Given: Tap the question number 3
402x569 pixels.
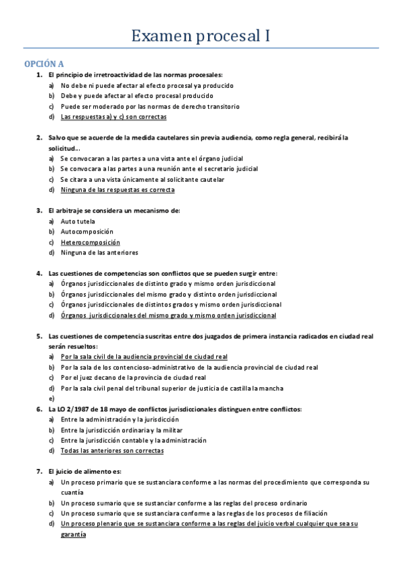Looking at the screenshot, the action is coord(40,211).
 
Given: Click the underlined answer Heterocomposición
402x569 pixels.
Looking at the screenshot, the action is coord(90,242).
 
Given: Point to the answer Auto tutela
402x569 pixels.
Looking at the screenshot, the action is coord(78,221).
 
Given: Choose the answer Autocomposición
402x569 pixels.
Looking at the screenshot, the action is coord(87,231).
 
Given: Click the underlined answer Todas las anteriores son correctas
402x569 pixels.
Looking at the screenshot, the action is coord(111,451).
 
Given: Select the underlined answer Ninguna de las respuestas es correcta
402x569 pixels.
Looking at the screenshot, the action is coord(117,190).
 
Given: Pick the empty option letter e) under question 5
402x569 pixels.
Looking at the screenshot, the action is coord(52,399).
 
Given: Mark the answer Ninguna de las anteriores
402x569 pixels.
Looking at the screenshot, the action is coord(99,253).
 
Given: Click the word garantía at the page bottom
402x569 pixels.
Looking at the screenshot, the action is coord(73,534).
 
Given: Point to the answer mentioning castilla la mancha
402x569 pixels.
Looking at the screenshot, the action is coord(171,388).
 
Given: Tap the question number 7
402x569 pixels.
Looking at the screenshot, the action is coord(40,472).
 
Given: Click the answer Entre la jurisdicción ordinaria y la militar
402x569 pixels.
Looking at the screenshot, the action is coord(121,430).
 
